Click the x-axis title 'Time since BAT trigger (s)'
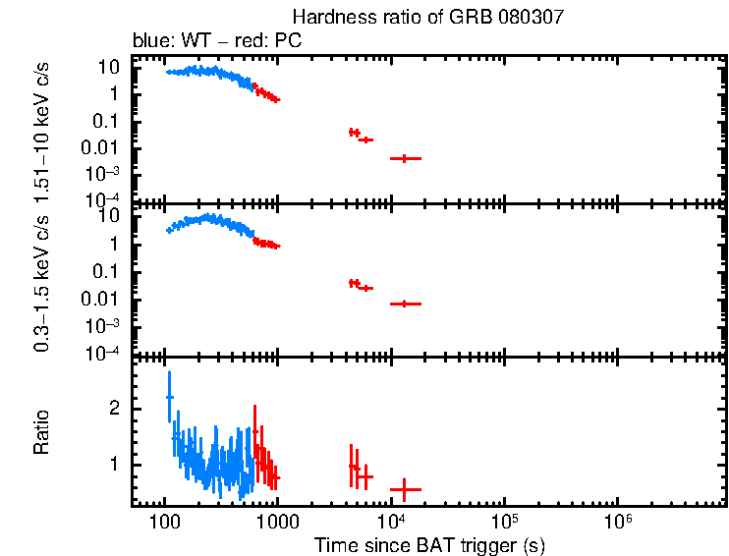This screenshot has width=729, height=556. (429, 544)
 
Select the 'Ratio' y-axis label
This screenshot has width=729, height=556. (42, 432)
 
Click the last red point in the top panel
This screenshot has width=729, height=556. (405, 158)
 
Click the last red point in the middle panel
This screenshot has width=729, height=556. (405, 305)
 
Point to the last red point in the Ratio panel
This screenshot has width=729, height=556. (405, 489)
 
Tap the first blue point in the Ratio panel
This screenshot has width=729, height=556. (169, 397)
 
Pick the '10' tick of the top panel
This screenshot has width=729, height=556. (111, 68)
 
